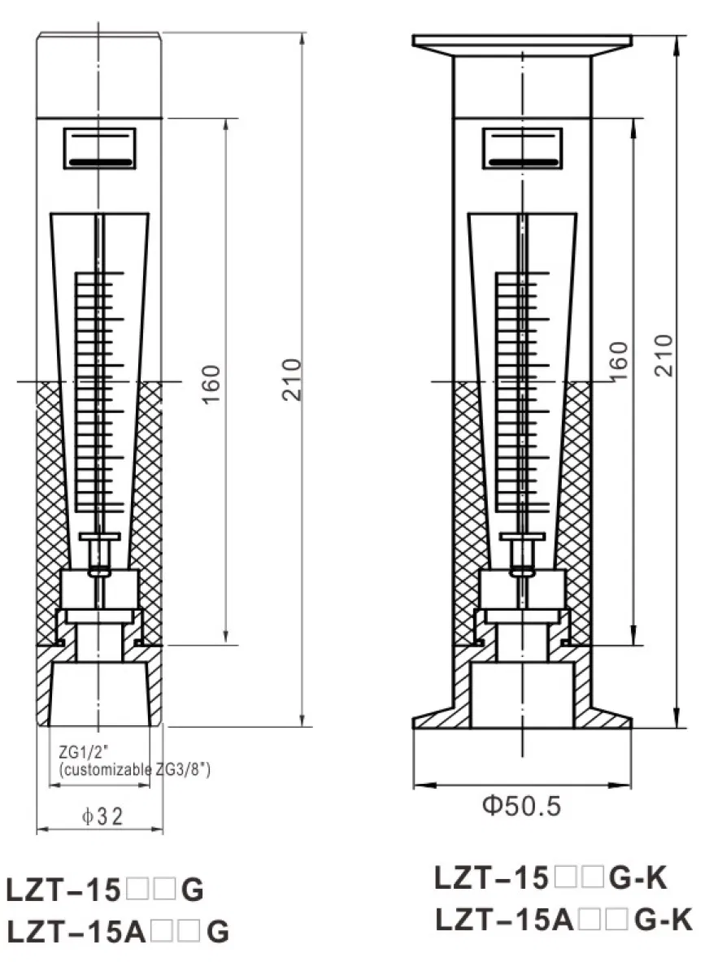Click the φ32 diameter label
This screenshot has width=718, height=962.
pos(102,816)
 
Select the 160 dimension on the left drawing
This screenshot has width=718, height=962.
pos(211,384)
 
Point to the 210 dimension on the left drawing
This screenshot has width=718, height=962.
pos(291,380)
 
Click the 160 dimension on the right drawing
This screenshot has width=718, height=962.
pos(619,361)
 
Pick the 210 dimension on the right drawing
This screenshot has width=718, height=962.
pos(664,355)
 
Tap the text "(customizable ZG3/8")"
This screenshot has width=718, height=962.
pos(135,769)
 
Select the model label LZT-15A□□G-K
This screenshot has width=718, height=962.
pos(564,920)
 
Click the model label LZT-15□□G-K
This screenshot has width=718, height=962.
pos(550,878)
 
